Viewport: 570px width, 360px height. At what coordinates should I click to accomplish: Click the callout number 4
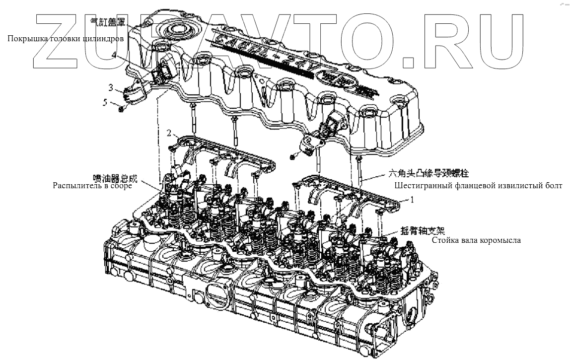click(x=114, y=57)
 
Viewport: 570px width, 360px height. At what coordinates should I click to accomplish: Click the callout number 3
click(x=111, y=88)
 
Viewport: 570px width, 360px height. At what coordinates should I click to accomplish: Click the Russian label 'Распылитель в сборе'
click(x=93, y=186)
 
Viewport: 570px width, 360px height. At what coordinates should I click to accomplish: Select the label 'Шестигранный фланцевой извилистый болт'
click(x=478, y=186)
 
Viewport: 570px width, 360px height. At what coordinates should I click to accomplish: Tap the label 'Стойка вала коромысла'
click(x=476, y=241)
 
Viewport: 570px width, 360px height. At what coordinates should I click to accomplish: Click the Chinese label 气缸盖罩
click(x=106, y=22)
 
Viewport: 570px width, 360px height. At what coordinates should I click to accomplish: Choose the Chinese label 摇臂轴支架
click(x=422, y=231)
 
